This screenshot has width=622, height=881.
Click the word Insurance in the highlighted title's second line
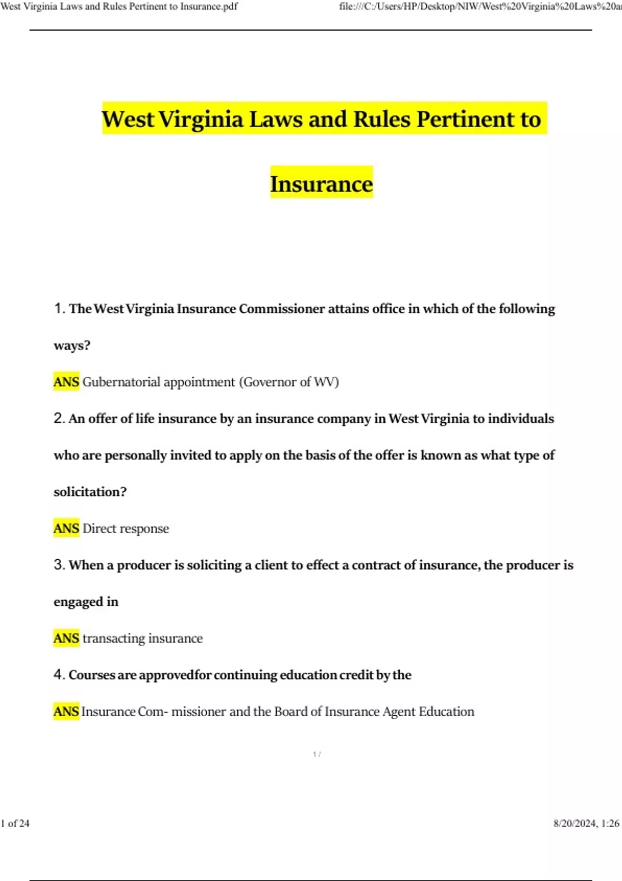(x=321, y=184)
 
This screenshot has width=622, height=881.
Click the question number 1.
(x=59, y=308)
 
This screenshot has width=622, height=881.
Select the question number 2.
(x=59, y=418)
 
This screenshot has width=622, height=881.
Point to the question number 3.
(x=59, y=565)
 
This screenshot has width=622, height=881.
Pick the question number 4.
(x=59, y=675)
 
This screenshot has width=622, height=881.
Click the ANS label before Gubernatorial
(x=66, y=382)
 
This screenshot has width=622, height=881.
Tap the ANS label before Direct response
(x=66, y=529)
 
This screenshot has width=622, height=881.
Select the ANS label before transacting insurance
(x=66, y=638)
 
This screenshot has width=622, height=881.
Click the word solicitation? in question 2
(x=90, y=492)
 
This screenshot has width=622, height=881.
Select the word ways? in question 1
(x=72, y=346)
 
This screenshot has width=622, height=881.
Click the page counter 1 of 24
(x=16, y=823)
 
